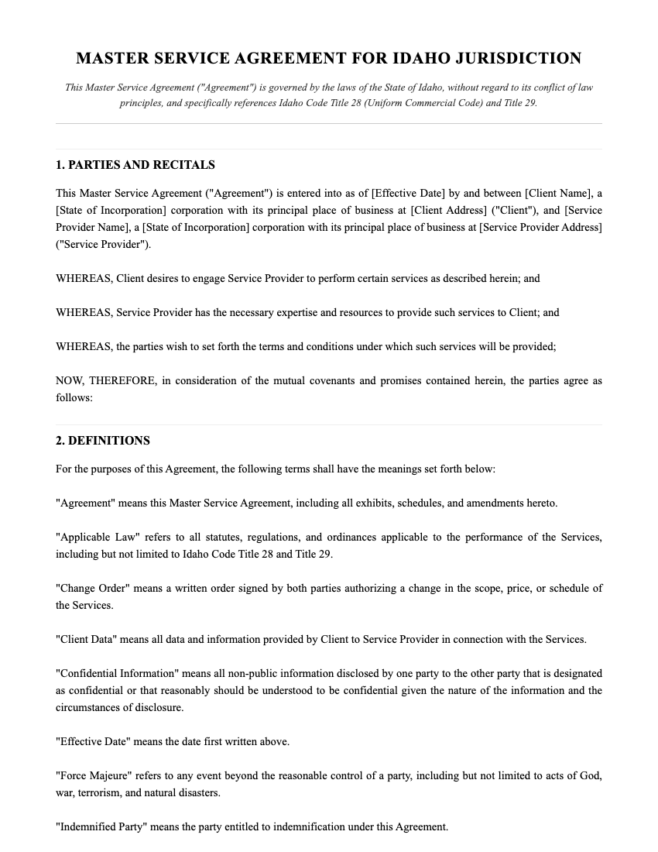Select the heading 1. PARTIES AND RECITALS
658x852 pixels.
(x=135, y=165)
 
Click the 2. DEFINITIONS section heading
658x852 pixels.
(x=103, y=441)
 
